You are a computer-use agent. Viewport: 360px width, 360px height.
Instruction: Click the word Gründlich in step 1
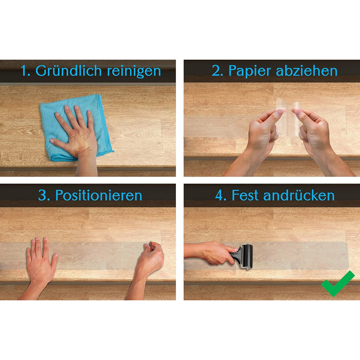68,71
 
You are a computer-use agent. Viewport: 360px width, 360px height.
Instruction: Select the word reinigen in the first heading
134,71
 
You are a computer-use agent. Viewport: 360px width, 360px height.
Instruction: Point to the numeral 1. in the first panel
26,71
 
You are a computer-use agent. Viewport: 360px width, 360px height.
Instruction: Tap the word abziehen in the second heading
307,70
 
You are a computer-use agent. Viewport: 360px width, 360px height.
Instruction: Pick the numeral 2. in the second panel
217,71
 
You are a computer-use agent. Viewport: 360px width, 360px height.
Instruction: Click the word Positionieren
99,195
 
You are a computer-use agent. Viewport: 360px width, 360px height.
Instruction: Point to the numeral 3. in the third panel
44,195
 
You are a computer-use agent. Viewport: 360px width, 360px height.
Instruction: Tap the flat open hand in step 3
41,264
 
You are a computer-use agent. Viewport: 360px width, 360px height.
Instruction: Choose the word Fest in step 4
245,195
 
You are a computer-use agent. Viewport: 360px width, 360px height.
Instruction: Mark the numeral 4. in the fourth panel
221,195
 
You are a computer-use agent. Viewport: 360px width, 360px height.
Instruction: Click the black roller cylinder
247,256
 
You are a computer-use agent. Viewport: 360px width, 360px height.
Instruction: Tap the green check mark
337,283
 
